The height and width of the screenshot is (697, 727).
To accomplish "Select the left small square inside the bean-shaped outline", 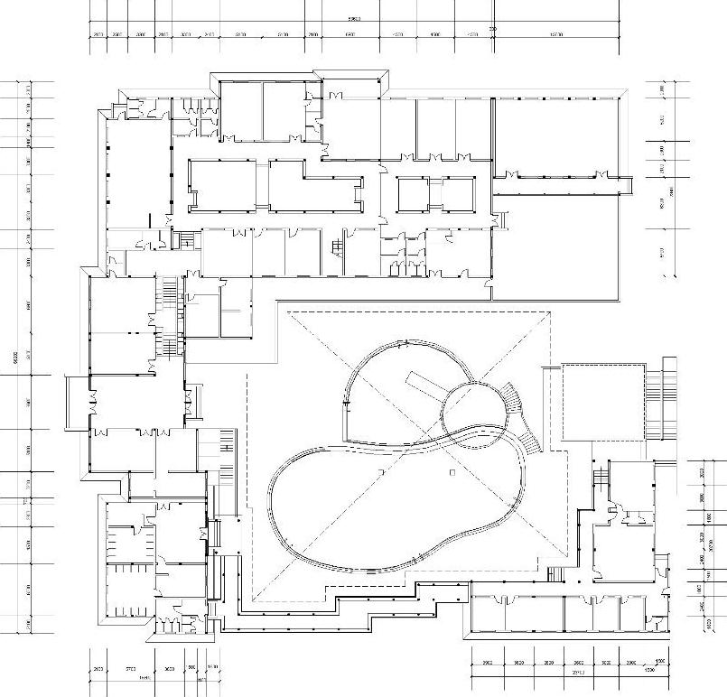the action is pyautogui.click(x=382, y=472).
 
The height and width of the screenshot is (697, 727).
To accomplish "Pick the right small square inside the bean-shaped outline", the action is pyautogui.click(x=452, y=471).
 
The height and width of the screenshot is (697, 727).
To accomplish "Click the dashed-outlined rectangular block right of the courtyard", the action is pyautogui.click(x=603, y=402).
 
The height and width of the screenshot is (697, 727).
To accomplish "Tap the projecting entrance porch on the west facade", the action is pyautogui.click(x=78, y=401).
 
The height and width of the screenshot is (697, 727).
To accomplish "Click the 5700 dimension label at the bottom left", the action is pyautogui.click(x=130, y=669).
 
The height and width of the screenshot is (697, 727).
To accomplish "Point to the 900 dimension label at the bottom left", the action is pyautogui.click(x=191, y=669).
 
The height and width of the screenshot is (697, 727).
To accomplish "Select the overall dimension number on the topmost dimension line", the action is pyautogui.click(x=355, y=17).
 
